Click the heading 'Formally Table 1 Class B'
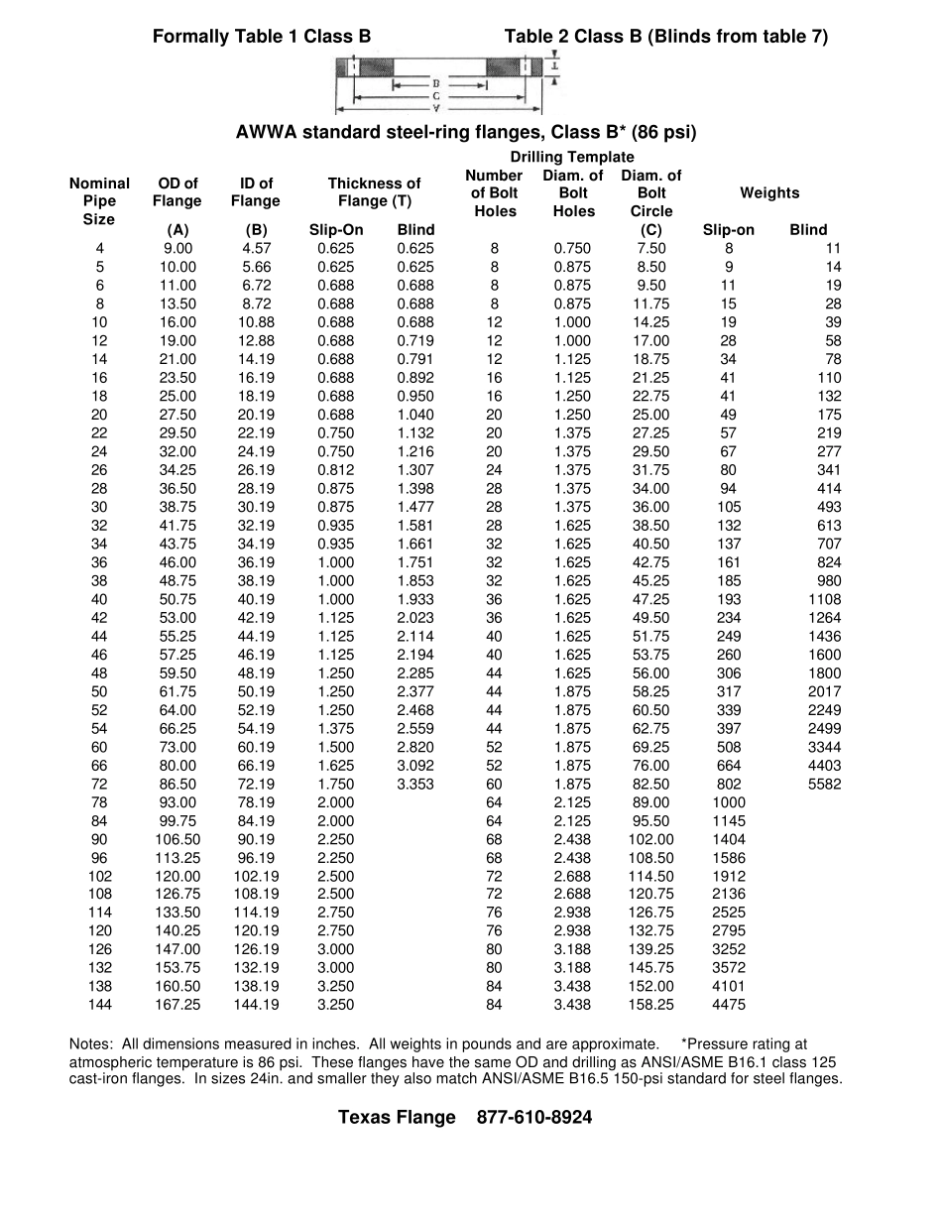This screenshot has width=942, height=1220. point(262,37)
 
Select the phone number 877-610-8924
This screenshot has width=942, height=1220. point(534,1117)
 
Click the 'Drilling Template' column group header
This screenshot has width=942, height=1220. point(572,157)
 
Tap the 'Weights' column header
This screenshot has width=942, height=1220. point(768,192)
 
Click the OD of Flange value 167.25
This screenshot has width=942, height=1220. point(177,1005)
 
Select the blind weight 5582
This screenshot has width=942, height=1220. point(824,784)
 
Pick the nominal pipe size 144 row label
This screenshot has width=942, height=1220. point(100,1005)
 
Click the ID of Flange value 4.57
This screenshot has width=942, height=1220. point(256,248)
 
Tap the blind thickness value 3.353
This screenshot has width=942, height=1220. point(415,784)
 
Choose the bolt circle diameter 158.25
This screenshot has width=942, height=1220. point(651,1005)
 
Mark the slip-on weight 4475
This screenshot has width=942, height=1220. point(729,1005)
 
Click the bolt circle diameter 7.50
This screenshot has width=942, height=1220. point(651,248)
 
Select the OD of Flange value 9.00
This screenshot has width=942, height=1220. point(177,248)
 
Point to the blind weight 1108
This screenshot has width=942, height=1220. point(824,599)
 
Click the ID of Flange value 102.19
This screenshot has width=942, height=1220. point(256,876)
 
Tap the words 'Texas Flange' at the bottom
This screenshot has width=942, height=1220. point(397,1117)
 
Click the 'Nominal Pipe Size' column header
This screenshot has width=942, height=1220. point(99,201)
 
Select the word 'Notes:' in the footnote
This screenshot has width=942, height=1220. point(91,1043)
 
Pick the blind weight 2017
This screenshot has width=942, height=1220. point(824,691)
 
